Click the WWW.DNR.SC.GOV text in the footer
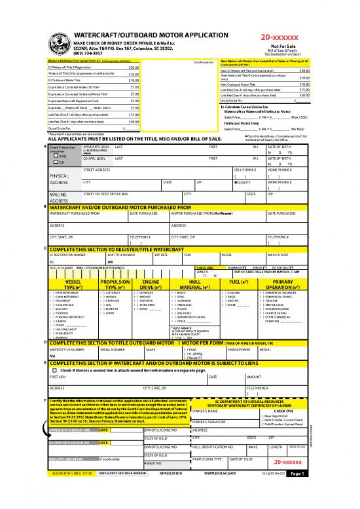pos(223,491)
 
